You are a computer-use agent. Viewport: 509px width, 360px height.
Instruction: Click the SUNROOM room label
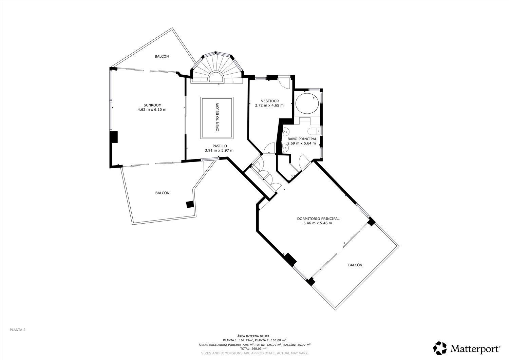(152, 105)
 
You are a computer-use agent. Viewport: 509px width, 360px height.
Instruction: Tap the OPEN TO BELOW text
(217, 117)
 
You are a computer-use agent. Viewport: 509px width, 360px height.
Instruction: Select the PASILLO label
(220, 146)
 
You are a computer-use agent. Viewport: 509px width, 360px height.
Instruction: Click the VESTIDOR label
(270, 101)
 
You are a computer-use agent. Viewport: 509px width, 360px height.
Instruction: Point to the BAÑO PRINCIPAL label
(302, 139)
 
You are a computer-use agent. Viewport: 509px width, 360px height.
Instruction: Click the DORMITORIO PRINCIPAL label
(318, 219)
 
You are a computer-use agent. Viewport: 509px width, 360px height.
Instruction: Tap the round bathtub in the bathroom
(307, 103)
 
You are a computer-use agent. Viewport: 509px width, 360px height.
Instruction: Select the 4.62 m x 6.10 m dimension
(152, 110)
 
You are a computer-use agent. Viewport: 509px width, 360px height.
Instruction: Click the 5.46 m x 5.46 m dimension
(318, 223)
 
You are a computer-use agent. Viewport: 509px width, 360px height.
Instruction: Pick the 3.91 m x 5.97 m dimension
(219, 150)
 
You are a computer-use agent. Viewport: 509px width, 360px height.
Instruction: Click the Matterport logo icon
(440, 348)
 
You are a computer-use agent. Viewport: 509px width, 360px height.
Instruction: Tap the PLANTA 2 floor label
(18, 330)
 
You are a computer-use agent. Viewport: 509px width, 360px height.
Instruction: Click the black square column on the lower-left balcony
(189, 205)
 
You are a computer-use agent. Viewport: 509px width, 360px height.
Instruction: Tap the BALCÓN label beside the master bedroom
(355, 265)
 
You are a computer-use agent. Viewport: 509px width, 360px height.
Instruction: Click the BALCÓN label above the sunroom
(162, 56)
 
